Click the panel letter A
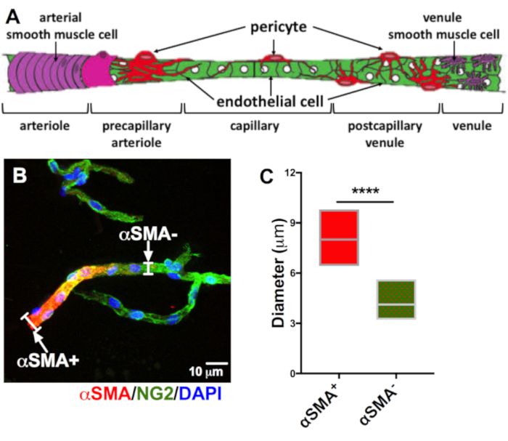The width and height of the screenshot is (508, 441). pyautogui.click(x=13, y=17)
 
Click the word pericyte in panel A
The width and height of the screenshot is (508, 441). pyautogui.click(x=278, y=27)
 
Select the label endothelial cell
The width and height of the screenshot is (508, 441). pyautogui.click(x=270, y=102)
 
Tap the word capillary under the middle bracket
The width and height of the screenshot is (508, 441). pyautogui.click(x=255, y=126)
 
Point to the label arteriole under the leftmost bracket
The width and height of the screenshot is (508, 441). pyautogui.click(x=45, y=126)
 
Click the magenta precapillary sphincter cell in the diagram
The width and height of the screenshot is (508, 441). pyautogui.click(x=97, y=70)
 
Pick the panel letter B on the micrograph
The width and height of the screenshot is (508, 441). pyautogui.click(x=20, y=175)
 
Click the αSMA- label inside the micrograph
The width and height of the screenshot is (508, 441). pyautogui.click(x=148, y=234)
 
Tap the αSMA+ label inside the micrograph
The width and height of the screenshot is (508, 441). pyautogui.click(x=48, y=360)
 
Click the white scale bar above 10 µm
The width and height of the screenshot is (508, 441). pyautogui.click(x=217, y=363)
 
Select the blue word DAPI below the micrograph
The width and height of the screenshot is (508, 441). pyautogui.click(x=200, y=394)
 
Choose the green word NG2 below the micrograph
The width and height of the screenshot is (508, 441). pyautogui.click(x=154, y=394)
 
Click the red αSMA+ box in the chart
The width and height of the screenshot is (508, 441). pyautogui.click(x=339, y=238)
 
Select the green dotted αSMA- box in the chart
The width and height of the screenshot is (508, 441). pyautogui.click(x=396, y=299)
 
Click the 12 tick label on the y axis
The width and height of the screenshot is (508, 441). pyautogui.click(x=290, y=172)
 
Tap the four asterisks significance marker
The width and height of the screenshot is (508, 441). pyautogui.click(x=365, y=191)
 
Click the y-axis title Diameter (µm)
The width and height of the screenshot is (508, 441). pyautogui.click(x=279, y=273)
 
